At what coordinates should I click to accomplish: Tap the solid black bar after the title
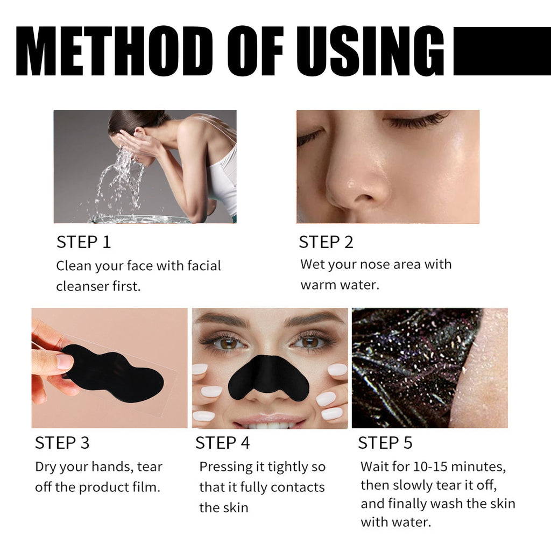pyautogui.click(x=501, y=51)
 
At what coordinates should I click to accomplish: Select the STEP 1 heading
pyautogui.click(x=83, y=242)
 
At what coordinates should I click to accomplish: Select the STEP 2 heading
pyautogui.click(x=326, y=242)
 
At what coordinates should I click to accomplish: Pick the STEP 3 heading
pyautogui.click(x=62, y=443)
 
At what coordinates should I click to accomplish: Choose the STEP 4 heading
pyautogui.click(x=222, y=443)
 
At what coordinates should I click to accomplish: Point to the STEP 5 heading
pyautogui.click(x=385, y=443)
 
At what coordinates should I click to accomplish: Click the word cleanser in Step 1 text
pyautogui.click(x=82, y=286)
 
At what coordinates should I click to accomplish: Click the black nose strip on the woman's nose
pyautogui.click(x=268, y=377)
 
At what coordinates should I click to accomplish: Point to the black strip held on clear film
pyautogui.click(x=113, y=372)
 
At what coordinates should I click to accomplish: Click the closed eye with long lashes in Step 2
pyautogui.click(x=417, y=121)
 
